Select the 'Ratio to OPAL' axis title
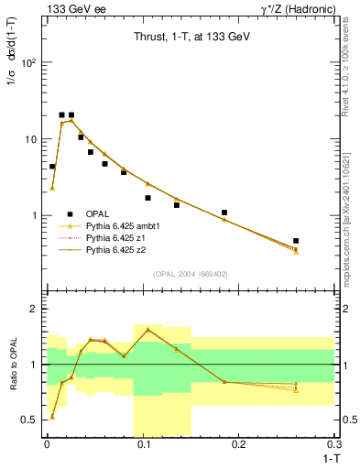tap(14, 364)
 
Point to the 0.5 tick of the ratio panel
tap(32, 420)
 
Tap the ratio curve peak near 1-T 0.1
tap(147, 330)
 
